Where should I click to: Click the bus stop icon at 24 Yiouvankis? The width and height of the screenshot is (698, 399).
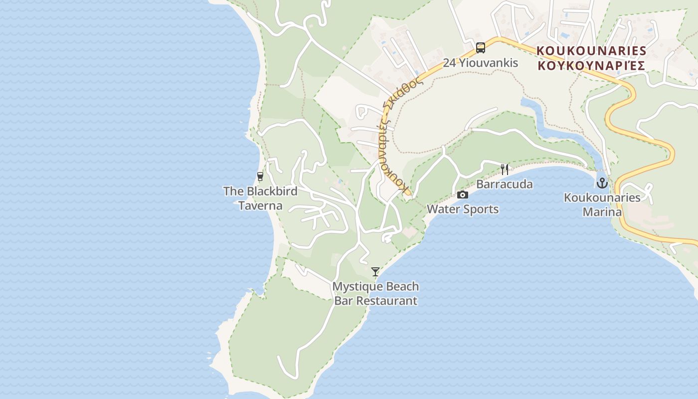tap(481, 48)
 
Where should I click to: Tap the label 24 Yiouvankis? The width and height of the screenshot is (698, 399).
tap(481, 63)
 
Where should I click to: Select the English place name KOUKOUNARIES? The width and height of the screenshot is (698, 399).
tap(591, 51)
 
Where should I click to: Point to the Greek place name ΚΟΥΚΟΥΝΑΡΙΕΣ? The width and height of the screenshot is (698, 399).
tap(591, 65)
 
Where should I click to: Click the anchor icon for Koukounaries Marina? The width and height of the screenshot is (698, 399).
tap(602, 183)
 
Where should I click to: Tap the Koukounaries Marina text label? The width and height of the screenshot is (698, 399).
tap(602, 204)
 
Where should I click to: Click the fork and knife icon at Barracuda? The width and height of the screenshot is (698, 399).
tap(505, 169)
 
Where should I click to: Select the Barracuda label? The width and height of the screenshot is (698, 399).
tap(505, 184)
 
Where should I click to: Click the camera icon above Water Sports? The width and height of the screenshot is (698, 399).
tap(463, 195)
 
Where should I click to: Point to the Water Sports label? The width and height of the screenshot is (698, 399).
tap(463, 209)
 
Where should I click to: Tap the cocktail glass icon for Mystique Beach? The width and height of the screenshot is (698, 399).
tap(375, 272)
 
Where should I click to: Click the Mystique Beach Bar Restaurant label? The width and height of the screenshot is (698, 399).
tap(375, 294)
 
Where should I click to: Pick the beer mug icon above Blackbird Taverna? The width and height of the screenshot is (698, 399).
tap(260, 177)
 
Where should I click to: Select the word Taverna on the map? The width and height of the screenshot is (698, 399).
tap(260, 205)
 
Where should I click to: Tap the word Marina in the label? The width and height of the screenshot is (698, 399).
tap(602, 212)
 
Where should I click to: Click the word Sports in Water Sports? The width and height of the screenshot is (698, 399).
tap(481, 209)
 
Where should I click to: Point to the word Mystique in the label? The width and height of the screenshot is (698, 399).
tap(355, 287)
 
